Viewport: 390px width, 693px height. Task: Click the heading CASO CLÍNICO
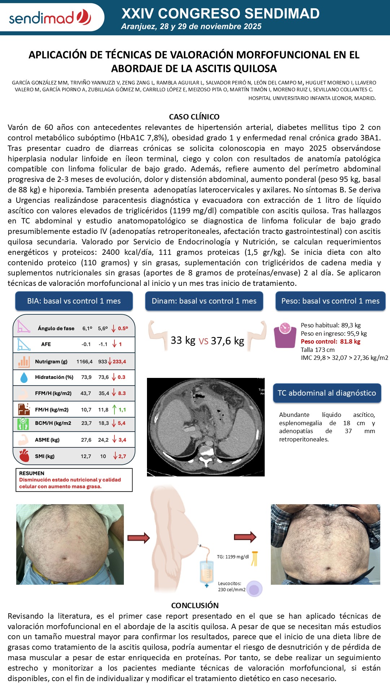pos(194,117)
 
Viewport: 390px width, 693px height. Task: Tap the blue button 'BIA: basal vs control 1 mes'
pos(74,301)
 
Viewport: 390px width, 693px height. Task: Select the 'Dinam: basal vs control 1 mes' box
pos(204,301)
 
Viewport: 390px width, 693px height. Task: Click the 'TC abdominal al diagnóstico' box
pos(327,393)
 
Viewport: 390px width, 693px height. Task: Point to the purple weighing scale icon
pos(285,335)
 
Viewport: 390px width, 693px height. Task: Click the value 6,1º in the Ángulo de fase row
pos(87,328)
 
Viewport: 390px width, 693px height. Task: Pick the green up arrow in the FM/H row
pos(114,410)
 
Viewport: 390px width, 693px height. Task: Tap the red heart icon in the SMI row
pos(24,456)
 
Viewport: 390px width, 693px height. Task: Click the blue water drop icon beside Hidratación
pos(24,377)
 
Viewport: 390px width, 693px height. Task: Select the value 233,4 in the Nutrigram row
pos(119,362)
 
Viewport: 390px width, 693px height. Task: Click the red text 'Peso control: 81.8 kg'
pos(330,341)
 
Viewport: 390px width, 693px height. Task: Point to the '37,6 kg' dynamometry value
pos(227,341)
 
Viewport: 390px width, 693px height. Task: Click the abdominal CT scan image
pos(205,427)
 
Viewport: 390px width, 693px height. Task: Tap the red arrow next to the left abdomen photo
pos(138,538)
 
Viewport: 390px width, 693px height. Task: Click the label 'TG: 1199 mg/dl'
pos(233,557)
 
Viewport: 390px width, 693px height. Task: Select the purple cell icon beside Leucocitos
pos(255,589)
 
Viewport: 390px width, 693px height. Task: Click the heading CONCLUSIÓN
pos(195,605)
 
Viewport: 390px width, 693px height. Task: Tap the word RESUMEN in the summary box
pos(32,473)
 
